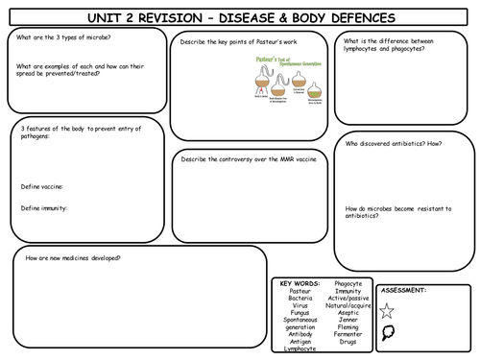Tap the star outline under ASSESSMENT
pos(387,309)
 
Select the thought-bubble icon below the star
pos(387,335)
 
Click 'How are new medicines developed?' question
pos(79,259)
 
